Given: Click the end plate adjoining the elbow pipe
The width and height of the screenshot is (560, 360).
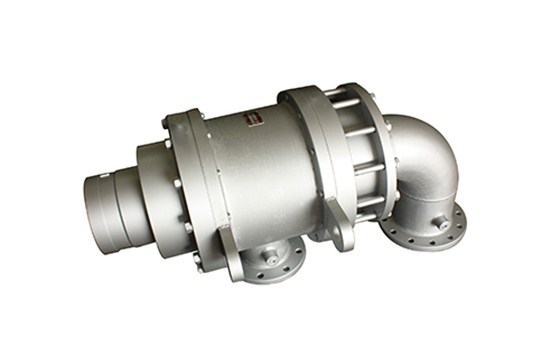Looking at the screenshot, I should pyautogui.click(x=377, y=160).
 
